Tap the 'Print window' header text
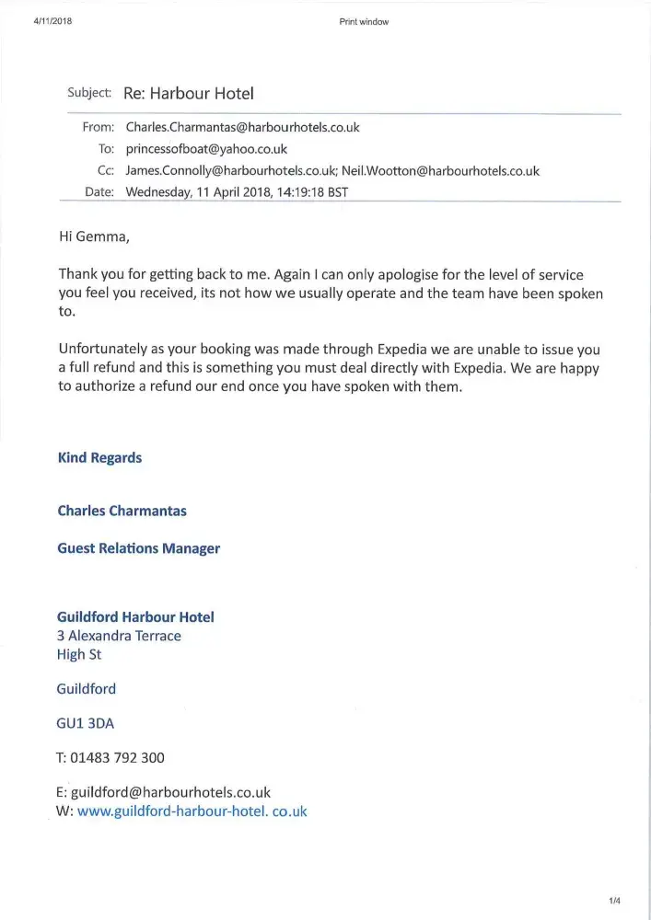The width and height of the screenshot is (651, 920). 364,22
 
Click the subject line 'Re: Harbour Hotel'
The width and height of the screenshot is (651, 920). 188,94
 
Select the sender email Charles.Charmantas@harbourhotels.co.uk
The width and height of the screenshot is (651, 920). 242,128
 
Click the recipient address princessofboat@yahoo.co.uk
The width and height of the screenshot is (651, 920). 206,149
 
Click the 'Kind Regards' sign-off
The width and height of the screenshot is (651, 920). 99,457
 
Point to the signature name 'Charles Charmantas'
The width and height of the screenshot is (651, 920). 122,511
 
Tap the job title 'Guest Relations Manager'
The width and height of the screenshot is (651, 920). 138,548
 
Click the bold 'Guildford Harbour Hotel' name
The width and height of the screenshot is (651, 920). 135,617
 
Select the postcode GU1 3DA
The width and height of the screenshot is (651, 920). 86,723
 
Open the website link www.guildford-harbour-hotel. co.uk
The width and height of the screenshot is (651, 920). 192,811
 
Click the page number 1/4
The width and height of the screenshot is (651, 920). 614,901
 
